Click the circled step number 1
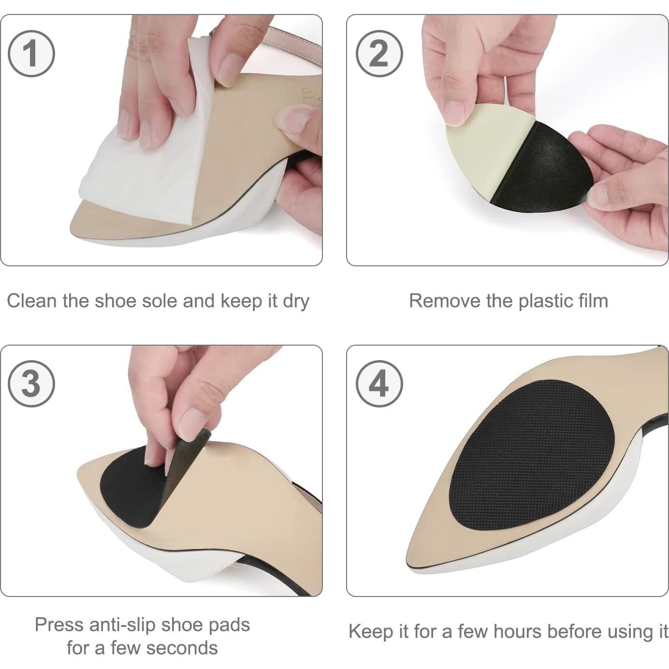(31, 53)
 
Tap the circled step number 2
(379, 53)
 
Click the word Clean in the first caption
(32, 301)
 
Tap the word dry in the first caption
(296, 302)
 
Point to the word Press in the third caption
(59, 625)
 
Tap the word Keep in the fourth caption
(370, 632)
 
